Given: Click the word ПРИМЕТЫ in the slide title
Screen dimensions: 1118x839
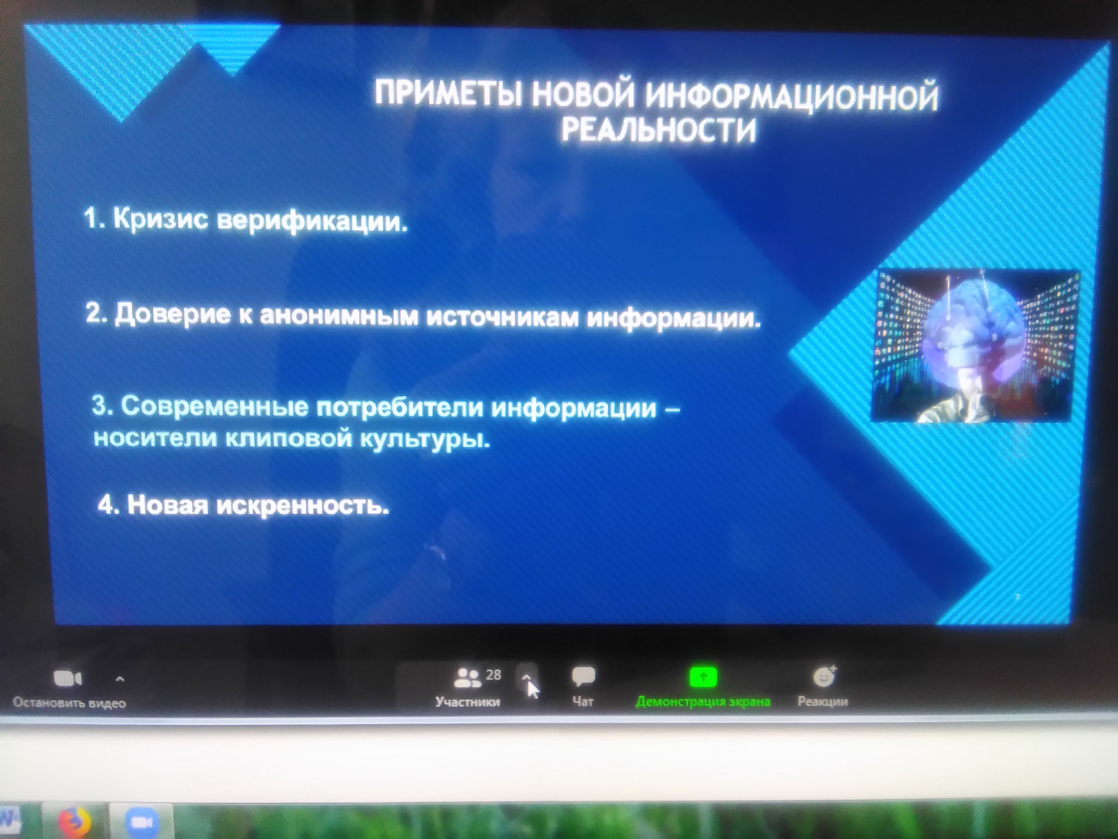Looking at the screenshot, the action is pyautogui.click(x=448, y=94).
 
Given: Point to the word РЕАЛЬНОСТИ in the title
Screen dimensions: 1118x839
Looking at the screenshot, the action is pyautogui.click(x=659, y=131).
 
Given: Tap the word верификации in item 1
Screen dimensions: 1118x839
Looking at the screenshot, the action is pyautogui.click(x=312, y=221).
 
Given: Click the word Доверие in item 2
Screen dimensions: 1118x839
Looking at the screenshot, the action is pyautogui.click(x=173, y=314).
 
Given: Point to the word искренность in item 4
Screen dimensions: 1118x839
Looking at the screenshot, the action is pyautogui.click(x=302, y=505).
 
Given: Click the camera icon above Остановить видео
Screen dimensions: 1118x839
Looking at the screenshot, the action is pyautogui.click(x=68, y=678).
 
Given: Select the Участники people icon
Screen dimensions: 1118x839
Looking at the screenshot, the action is pyautogui.click(x=468, y=677).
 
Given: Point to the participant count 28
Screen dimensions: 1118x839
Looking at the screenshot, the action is pyautogui.click(x=493, y=675).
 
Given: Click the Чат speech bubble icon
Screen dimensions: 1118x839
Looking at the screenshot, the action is pyautogui.click(x=583, y=676).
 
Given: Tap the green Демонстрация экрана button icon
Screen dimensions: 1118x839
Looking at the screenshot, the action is pyautogui.click(x=703, y=677).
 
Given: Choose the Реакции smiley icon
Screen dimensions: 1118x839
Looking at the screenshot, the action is pyautogui.click(x=824, y=676).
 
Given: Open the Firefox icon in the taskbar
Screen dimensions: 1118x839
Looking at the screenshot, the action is pyautogui.click(x=75, y=822).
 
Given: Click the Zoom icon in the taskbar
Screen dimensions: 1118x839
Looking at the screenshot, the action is pyautogui.click(x=142, y=822).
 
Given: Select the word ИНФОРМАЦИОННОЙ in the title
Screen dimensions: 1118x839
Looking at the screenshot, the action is pyautogui.click(x=792, y=97).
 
